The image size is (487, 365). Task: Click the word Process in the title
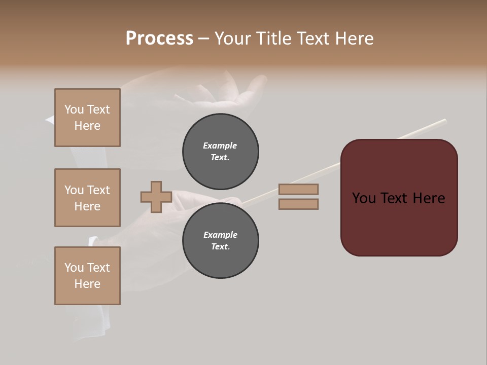(159, 39)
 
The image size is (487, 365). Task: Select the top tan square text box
(87, 118)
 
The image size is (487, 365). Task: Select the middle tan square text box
(87, 198)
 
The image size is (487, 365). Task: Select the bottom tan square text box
(87, 276)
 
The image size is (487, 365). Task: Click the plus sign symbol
(156, 197)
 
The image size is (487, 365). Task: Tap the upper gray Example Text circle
(220, 151)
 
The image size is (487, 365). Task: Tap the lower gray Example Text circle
(220, 241)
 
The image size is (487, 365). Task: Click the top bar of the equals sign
(298, 190)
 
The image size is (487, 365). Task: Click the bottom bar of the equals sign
(298, 204)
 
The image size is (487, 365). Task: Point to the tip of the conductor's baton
(444, 121)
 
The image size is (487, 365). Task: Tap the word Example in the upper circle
(220, 145)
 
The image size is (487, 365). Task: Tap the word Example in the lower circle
(220, 235)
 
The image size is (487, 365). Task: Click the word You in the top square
(74, 109)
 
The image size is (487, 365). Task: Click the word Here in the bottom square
(87, 284)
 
